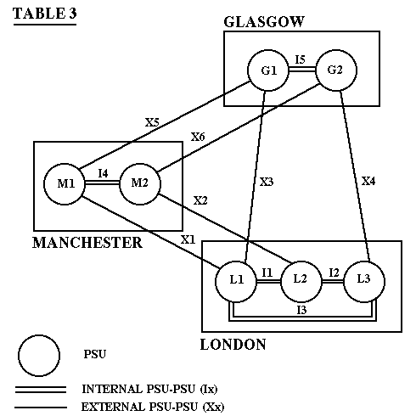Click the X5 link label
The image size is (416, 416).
(152, 122)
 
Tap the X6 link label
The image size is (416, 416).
(198, 137)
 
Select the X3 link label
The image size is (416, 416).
(267, 182)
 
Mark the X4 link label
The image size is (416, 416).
(368, 181)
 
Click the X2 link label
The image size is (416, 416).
(200, 200)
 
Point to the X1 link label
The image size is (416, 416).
(188, 239)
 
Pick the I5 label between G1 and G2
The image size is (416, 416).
(301, 59)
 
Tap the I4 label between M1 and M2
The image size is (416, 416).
(103, 173)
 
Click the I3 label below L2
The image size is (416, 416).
(301, 310)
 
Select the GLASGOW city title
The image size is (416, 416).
(264, 22)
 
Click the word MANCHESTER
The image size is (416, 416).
(87, 243)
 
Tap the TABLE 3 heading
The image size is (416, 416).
(45, 14)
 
